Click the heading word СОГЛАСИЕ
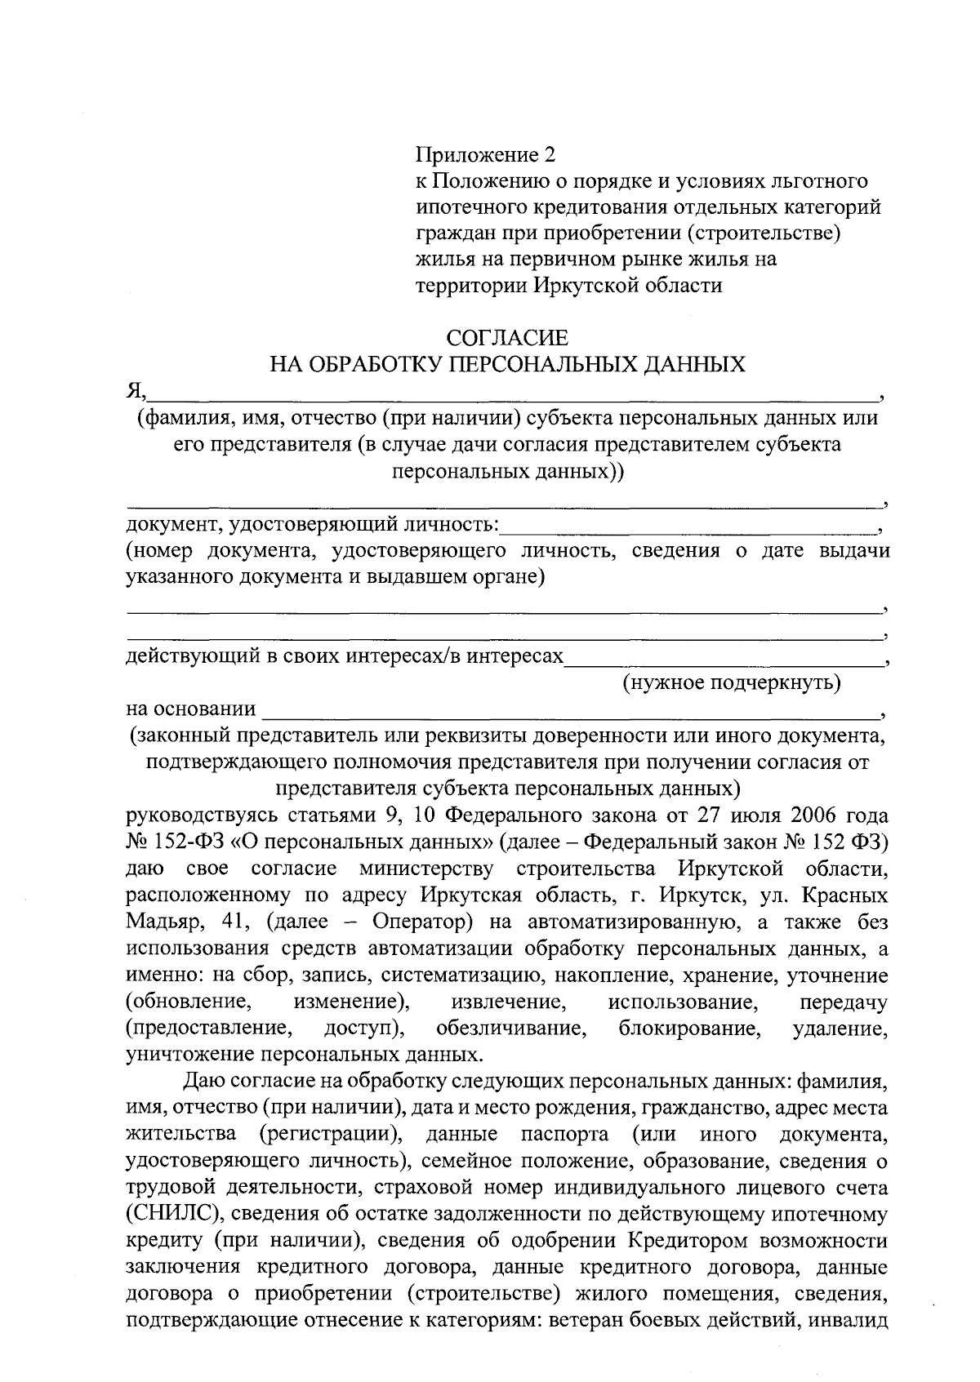click(x=507, y=337)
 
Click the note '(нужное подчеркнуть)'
click(x=732, y=682)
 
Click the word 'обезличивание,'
click(x=512, y=1028)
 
